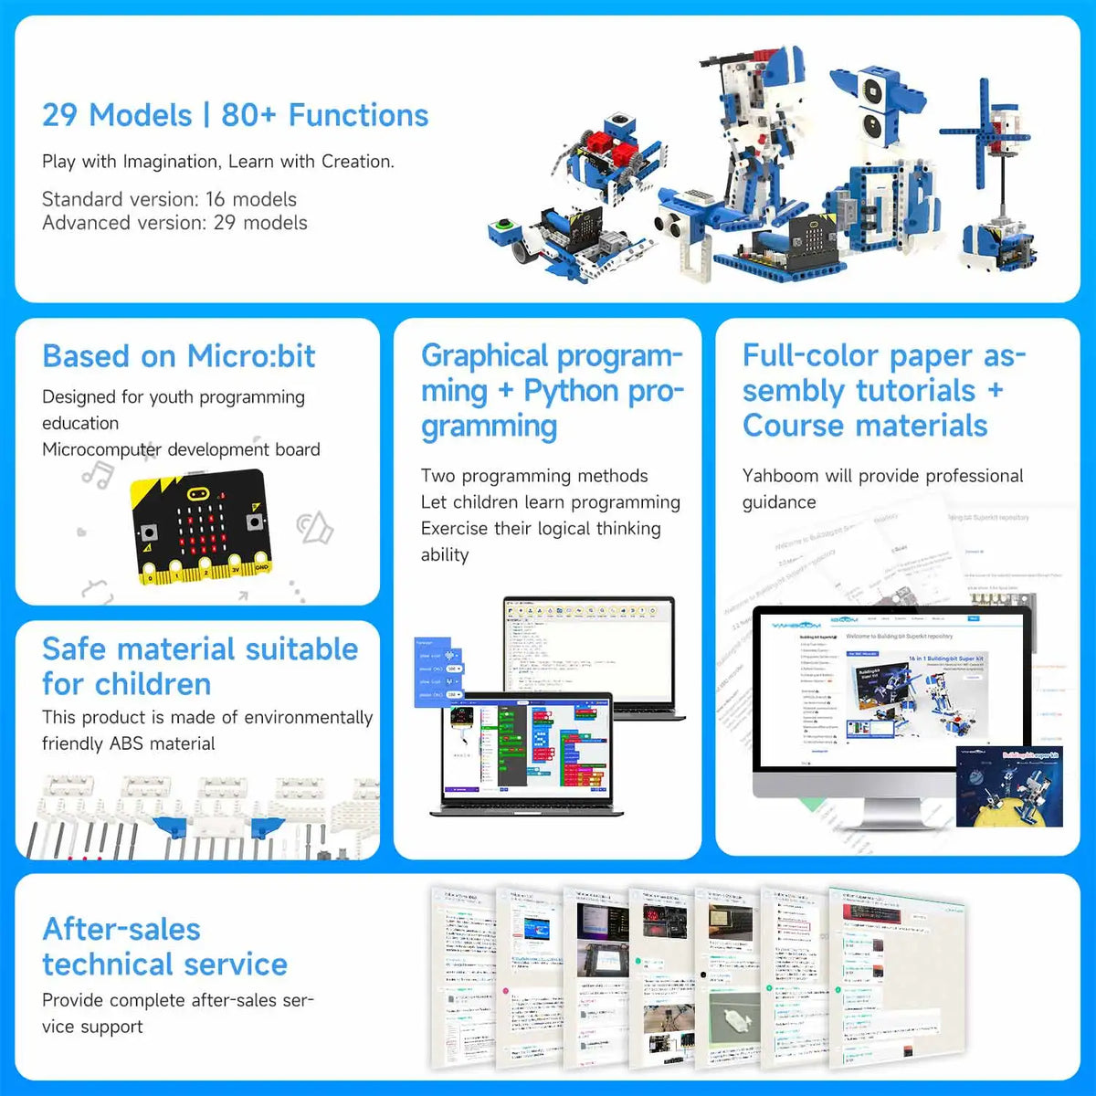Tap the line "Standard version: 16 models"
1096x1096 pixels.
pyautogui.click(x=169, y=199)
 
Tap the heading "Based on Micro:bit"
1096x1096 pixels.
pyautogui.click(x=178, y=356)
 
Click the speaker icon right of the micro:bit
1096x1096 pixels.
pyautogui.click(x=315, y=527)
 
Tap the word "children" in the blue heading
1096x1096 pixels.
pyautogui.click(x=153, y=684)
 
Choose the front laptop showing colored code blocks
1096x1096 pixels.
pyautogui.click(x=527, y=753)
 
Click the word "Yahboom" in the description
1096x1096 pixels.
pyautogui.click(x=780, y=476)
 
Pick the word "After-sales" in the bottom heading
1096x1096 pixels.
pyautogui.click(x=121, y=929)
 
